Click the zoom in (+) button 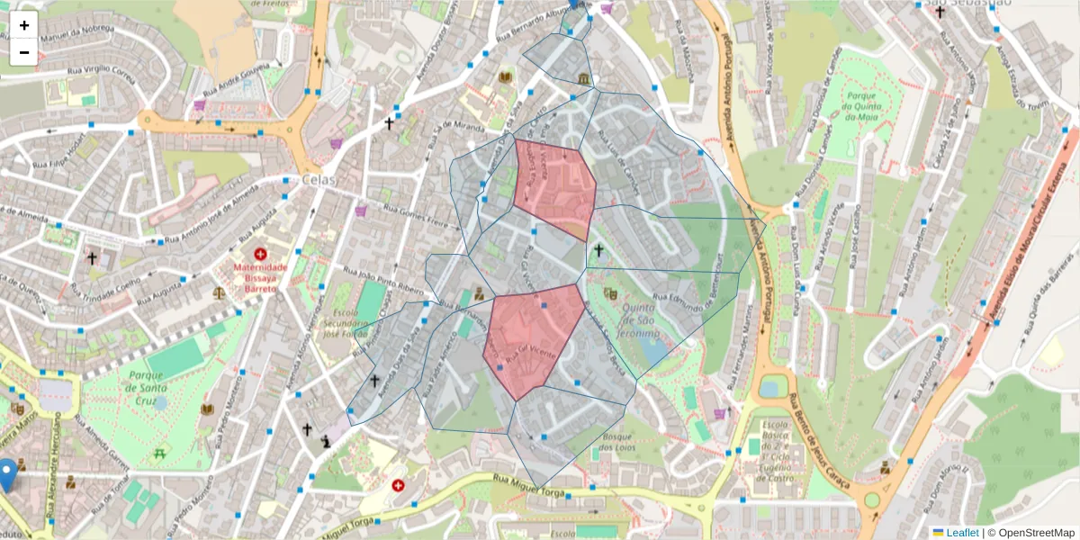pos(24,25)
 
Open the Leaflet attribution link pos(962,533)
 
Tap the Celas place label pos(319,180)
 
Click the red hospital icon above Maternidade pos(260,255)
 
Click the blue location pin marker pos(9,472)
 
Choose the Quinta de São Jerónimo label pos(642,319)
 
